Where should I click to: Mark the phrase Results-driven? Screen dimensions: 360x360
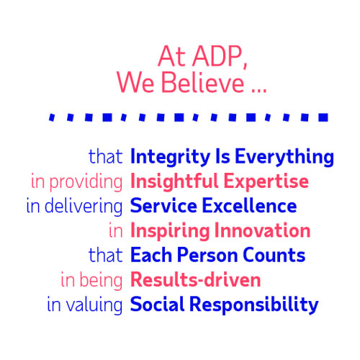tap(195, 279)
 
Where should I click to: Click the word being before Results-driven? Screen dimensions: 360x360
tap(107, 280)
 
